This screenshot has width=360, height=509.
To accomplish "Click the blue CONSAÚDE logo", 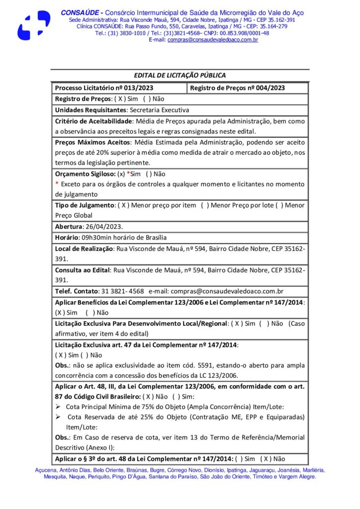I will [33, 25].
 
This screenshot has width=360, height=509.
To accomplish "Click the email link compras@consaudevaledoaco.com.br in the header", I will [213, 40].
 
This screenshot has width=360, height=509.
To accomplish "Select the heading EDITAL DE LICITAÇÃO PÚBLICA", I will [180, 76].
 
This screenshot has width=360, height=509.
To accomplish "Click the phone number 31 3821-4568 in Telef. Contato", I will [122, 291].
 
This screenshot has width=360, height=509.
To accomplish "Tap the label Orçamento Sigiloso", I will [85, 174].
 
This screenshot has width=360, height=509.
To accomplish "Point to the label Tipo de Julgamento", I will [84, 205].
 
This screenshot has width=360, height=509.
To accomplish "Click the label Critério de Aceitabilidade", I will [92, 121].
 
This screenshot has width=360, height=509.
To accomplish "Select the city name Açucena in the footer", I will [46, 470].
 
